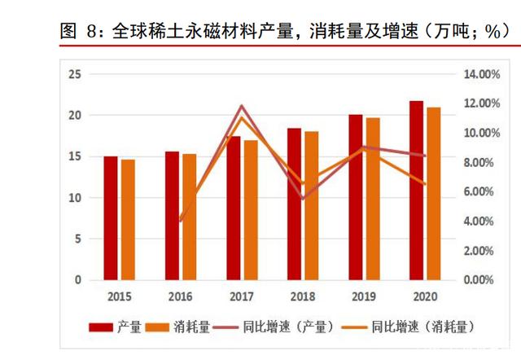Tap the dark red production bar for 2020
(x=416, y=191)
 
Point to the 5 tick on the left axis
(x=77, y=239)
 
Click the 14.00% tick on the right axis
(x=479, y=75)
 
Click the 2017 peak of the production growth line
(x=241, y=106)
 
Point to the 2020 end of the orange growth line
(x=425, y=184)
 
